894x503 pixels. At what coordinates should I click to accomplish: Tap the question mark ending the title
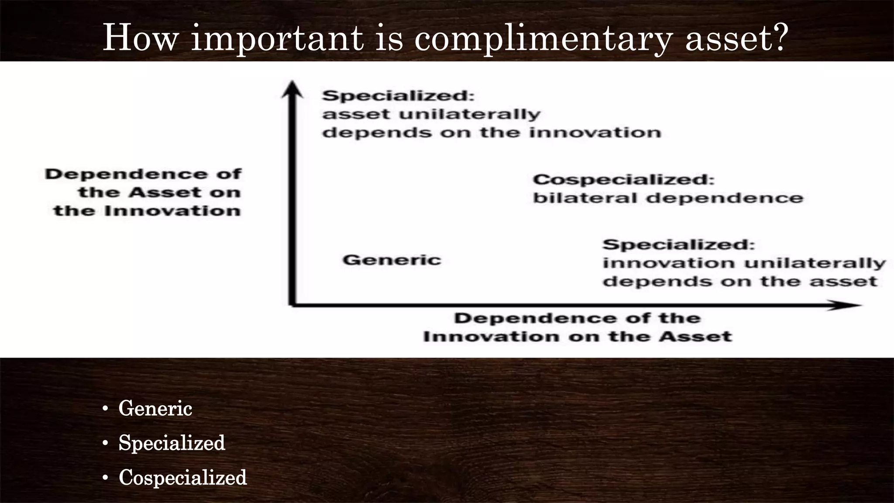777,37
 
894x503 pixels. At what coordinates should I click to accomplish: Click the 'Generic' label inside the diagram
392,260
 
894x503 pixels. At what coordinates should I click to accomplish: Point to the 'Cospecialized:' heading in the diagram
623,179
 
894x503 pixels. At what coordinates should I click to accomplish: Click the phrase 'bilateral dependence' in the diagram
668,198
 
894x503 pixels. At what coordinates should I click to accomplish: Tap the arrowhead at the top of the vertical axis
292,89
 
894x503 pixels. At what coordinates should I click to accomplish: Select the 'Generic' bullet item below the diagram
155,409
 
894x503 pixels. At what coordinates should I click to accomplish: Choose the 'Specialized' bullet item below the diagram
172,443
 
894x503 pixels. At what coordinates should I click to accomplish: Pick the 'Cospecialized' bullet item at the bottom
182,477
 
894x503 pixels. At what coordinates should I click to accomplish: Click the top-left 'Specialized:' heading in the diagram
398,96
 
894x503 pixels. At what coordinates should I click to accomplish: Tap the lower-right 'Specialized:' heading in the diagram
678,245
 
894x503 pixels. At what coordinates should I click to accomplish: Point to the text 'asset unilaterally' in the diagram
431,114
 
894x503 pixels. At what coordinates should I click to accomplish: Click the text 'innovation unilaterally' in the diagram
744,263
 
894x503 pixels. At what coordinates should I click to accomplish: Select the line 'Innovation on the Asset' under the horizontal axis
577,337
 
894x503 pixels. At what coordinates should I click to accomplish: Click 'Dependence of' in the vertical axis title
143,174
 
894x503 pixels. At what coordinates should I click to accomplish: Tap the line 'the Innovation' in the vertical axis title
147,211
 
